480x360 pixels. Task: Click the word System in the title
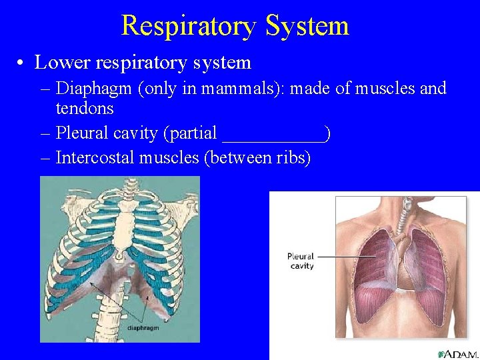(307, 26)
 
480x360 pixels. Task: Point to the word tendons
(85, 108)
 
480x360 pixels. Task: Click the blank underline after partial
(273, 133)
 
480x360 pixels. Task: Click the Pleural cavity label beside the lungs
(301, 261)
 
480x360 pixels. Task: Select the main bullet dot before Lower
(23, 63)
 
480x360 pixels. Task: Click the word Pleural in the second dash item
(79, 133)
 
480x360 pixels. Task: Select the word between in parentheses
(233, 158)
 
